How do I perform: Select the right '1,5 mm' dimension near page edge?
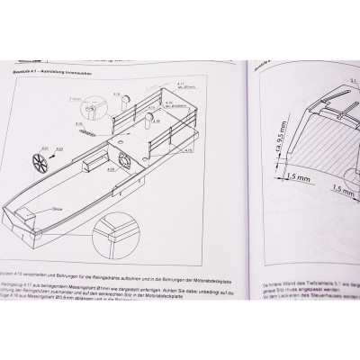click(344, 188)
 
